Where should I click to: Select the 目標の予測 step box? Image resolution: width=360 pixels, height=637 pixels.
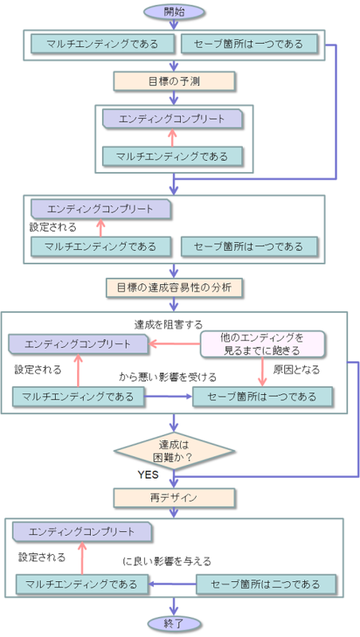[x=174, y=80]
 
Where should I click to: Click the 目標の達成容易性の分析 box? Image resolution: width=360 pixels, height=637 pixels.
[x=174, y=287]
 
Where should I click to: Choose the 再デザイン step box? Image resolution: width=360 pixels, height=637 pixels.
[x=174, y=498]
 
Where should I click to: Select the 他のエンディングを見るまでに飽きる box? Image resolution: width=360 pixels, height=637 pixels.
[x=262, y=344]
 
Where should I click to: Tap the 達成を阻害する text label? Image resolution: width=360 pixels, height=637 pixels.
[x=168, y=324]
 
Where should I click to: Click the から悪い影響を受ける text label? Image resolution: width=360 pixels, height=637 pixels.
[x=168, y=377]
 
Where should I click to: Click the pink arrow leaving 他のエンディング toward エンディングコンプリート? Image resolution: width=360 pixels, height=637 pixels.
[x=174, y=344]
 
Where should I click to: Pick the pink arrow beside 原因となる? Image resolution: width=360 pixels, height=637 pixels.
[x=262, y=371]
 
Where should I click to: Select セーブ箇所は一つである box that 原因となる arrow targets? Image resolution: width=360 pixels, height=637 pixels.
[x=262, y=396]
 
